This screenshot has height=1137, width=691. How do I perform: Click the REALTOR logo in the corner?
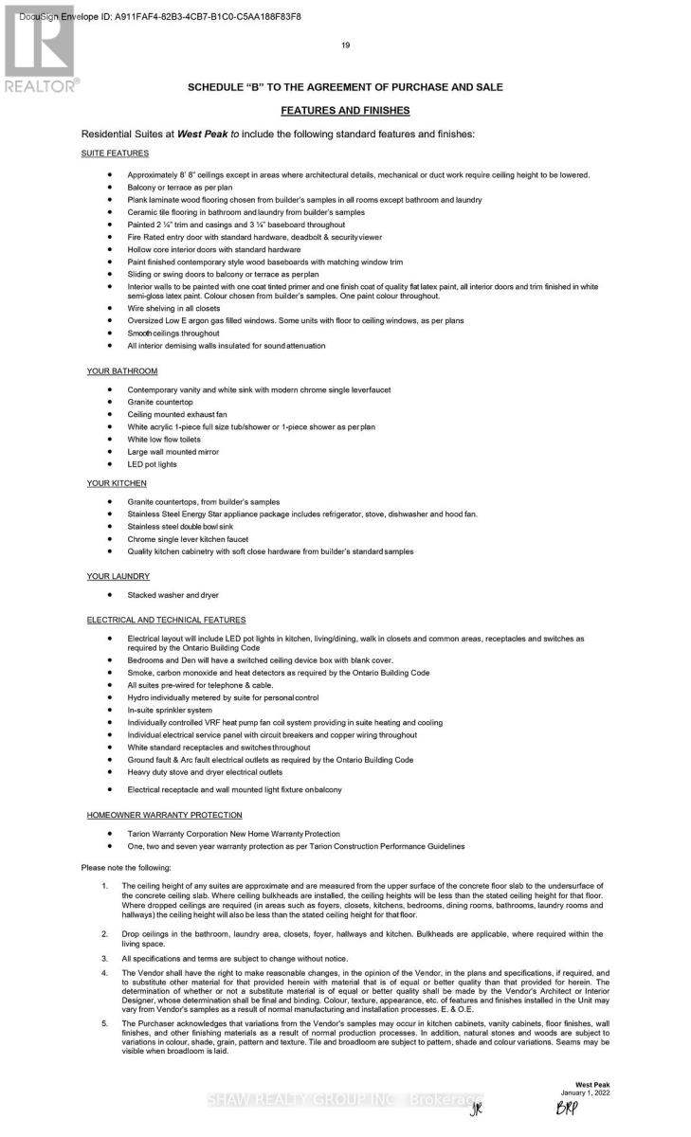40,52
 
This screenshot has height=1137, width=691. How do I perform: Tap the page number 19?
345,45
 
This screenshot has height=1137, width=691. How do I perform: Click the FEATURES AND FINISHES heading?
345,111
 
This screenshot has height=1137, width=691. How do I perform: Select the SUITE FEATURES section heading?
115,153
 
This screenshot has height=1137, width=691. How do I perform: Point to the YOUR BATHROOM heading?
121,370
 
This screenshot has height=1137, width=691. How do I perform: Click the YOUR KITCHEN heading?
117,483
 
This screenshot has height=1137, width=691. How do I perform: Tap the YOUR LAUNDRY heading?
118,576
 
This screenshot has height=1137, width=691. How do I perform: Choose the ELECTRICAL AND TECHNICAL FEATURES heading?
166,620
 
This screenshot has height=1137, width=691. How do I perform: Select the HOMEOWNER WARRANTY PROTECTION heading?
164,815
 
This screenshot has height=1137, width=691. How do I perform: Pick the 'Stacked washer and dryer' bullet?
173,595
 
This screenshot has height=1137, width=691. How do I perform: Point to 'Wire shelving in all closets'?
173,309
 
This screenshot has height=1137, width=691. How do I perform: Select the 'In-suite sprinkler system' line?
170,710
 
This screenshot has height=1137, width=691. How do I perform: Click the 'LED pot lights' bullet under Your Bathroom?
152,464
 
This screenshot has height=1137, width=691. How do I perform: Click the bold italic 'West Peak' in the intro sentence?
202,135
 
